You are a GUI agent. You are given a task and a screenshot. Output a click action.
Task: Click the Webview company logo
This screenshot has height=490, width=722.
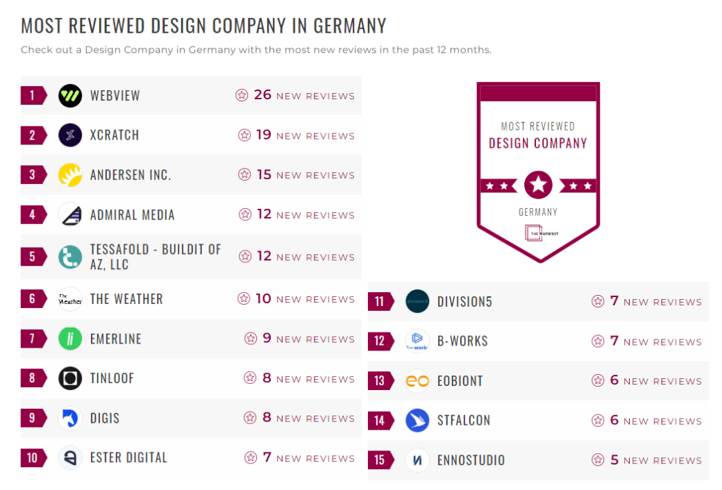(x=70, y=96)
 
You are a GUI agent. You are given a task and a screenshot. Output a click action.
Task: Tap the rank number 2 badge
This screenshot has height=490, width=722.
(x=32, y=135)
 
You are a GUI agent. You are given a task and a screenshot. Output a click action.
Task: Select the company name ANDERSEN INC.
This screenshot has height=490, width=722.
(x=131, y=175)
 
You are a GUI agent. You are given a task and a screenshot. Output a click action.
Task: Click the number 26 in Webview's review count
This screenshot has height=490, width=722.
(x=262, y=95)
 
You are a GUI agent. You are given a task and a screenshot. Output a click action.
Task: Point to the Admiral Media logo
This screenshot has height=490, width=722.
(x=70, y=214)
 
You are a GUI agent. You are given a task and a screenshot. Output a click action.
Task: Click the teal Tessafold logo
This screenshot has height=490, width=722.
(x=70, y=257)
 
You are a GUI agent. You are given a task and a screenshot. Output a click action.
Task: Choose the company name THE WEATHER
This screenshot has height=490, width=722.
(x=126, y=299)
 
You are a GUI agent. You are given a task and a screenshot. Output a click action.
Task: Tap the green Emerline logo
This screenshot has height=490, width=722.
(x=70, y=339)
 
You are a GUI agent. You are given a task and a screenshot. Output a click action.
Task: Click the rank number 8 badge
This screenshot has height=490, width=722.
(x=32, y=378)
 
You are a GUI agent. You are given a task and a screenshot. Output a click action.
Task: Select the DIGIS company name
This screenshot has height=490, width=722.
(x=105, y=418)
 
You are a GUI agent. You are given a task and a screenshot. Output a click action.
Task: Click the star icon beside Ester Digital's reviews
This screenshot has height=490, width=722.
(x=251, y=458)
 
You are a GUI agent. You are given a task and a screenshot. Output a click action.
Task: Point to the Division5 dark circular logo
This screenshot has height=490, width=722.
(x=417, y=301)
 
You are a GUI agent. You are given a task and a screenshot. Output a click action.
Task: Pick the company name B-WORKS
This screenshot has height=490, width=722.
(x=462, y=341)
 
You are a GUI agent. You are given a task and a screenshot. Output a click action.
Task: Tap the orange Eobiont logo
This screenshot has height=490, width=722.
(x=417, y=380)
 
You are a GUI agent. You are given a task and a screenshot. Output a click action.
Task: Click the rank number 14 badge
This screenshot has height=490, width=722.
(x=379, y=421)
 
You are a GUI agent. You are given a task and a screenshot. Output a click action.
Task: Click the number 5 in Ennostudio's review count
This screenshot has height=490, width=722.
(x=614, y=459)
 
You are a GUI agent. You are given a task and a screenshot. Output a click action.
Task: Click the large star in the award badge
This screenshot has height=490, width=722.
(x=538, y=185)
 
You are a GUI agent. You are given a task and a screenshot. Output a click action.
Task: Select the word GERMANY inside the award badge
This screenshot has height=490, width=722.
(x=538, y=212)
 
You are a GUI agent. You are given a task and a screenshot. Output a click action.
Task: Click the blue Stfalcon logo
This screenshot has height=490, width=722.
(x=417, y=421)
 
